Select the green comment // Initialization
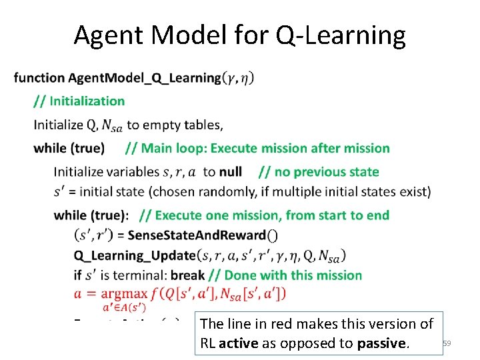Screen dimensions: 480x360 79,101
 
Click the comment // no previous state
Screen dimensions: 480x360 318,172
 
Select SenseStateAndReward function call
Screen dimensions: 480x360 197,235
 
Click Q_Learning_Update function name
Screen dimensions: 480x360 135,255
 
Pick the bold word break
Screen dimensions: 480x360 187,275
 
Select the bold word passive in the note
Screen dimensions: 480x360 379,343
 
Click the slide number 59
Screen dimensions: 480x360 447,343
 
